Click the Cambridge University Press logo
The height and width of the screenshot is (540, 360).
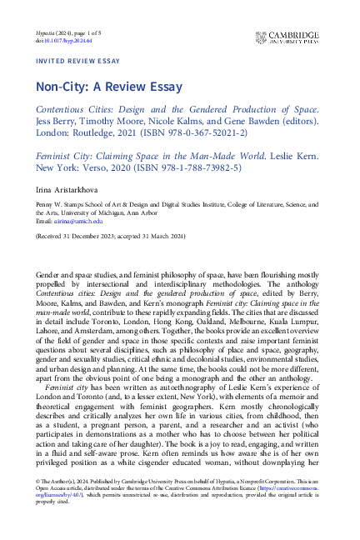point(291,36)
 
